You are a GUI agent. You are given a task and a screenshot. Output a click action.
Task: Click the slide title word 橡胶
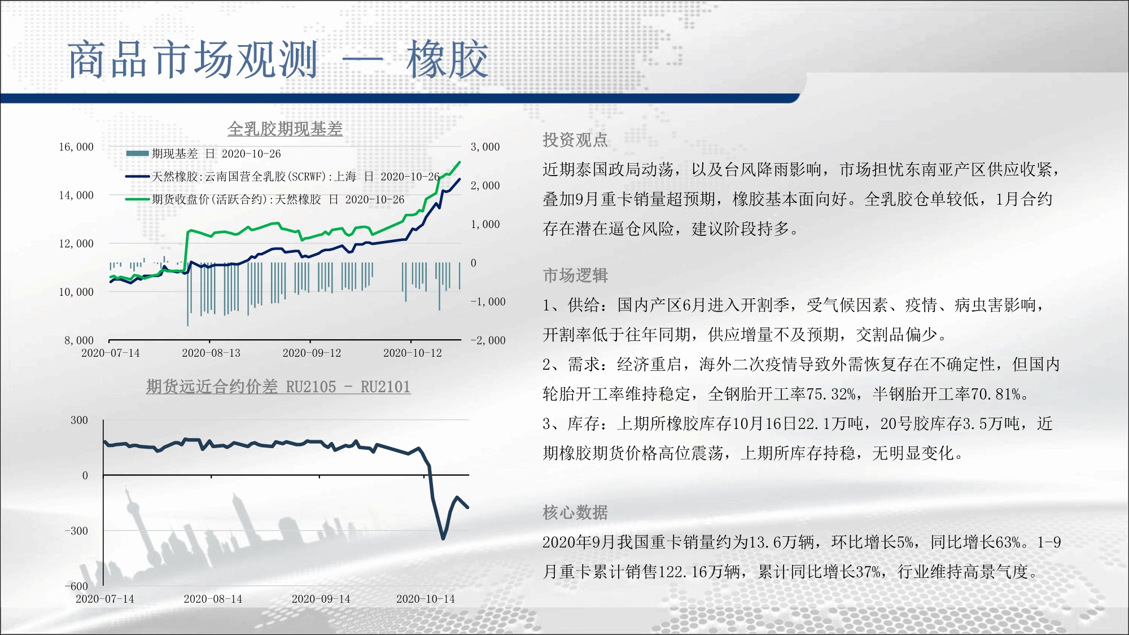click(x=447, y=59)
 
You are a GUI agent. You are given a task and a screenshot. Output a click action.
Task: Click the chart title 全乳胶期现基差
click(x=285, y=129)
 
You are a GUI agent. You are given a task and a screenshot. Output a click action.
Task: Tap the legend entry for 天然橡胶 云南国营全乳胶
click(x=282, y=177)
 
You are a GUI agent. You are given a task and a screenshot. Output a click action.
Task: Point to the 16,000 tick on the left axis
click(x=76, y=147)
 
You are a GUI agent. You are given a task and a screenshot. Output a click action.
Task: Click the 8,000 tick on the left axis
click(x=79, y=340)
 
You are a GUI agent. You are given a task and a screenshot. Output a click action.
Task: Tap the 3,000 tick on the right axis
click(x=485, y=147)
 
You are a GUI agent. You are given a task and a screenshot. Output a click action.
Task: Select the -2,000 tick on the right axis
click(x=488, y=340)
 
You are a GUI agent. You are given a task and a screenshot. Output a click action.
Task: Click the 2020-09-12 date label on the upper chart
click(x=312, y=353)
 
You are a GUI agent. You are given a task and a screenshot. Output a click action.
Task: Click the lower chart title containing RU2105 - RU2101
click(x=278, y=387)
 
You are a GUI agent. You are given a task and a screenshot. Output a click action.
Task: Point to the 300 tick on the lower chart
click(x=79, y=420)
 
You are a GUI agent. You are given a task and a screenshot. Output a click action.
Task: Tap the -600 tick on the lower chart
click(x=76, y=586)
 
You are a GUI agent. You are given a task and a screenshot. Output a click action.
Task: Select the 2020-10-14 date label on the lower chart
click(x=425, y=599)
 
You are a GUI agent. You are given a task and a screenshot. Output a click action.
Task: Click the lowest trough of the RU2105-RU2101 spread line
click(x=443, y=538)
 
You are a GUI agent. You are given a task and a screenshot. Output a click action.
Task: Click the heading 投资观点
click(x=575, y=140)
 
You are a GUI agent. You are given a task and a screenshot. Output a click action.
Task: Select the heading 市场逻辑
click(x=575, y=275)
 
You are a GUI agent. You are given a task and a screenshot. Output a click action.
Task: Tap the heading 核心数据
click(x=575, y=513)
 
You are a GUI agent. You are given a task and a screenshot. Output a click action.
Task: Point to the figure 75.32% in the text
click(x=831, y=394)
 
